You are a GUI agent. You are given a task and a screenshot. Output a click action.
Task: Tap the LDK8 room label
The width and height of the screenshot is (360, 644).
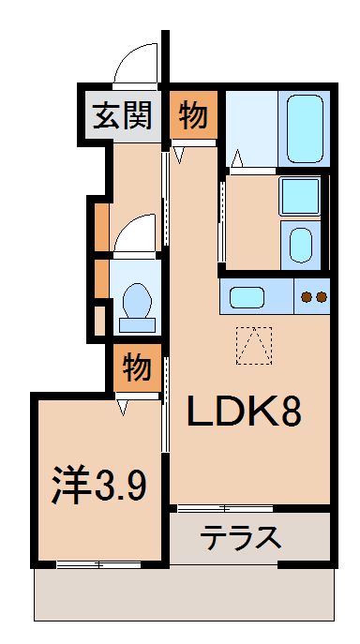click(247, 411)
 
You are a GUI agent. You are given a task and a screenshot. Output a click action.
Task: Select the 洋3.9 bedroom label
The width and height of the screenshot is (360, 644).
click(98, 486)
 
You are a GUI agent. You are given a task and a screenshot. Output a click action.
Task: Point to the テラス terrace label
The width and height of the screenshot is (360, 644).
click(242, 538)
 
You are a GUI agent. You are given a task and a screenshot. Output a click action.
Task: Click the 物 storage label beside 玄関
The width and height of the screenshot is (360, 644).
click(194, 115)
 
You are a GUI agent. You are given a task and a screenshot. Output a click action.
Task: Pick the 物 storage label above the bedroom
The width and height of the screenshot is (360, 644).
click(137, 367)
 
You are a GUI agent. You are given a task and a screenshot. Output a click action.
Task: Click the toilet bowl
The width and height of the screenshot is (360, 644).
click(138, 304)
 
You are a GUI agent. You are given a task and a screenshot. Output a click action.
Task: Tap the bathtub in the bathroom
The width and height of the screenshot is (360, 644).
click(304, 129)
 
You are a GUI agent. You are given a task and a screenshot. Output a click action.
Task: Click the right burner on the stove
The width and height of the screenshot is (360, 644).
click(322, 298)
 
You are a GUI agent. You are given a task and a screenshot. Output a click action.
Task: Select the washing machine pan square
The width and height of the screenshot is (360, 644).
click(300, 197)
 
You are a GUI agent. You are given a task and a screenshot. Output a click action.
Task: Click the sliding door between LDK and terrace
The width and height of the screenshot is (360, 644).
click(225, 509)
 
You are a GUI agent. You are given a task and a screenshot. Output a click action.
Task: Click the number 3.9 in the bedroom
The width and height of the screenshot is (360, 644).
click(119, 486)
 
